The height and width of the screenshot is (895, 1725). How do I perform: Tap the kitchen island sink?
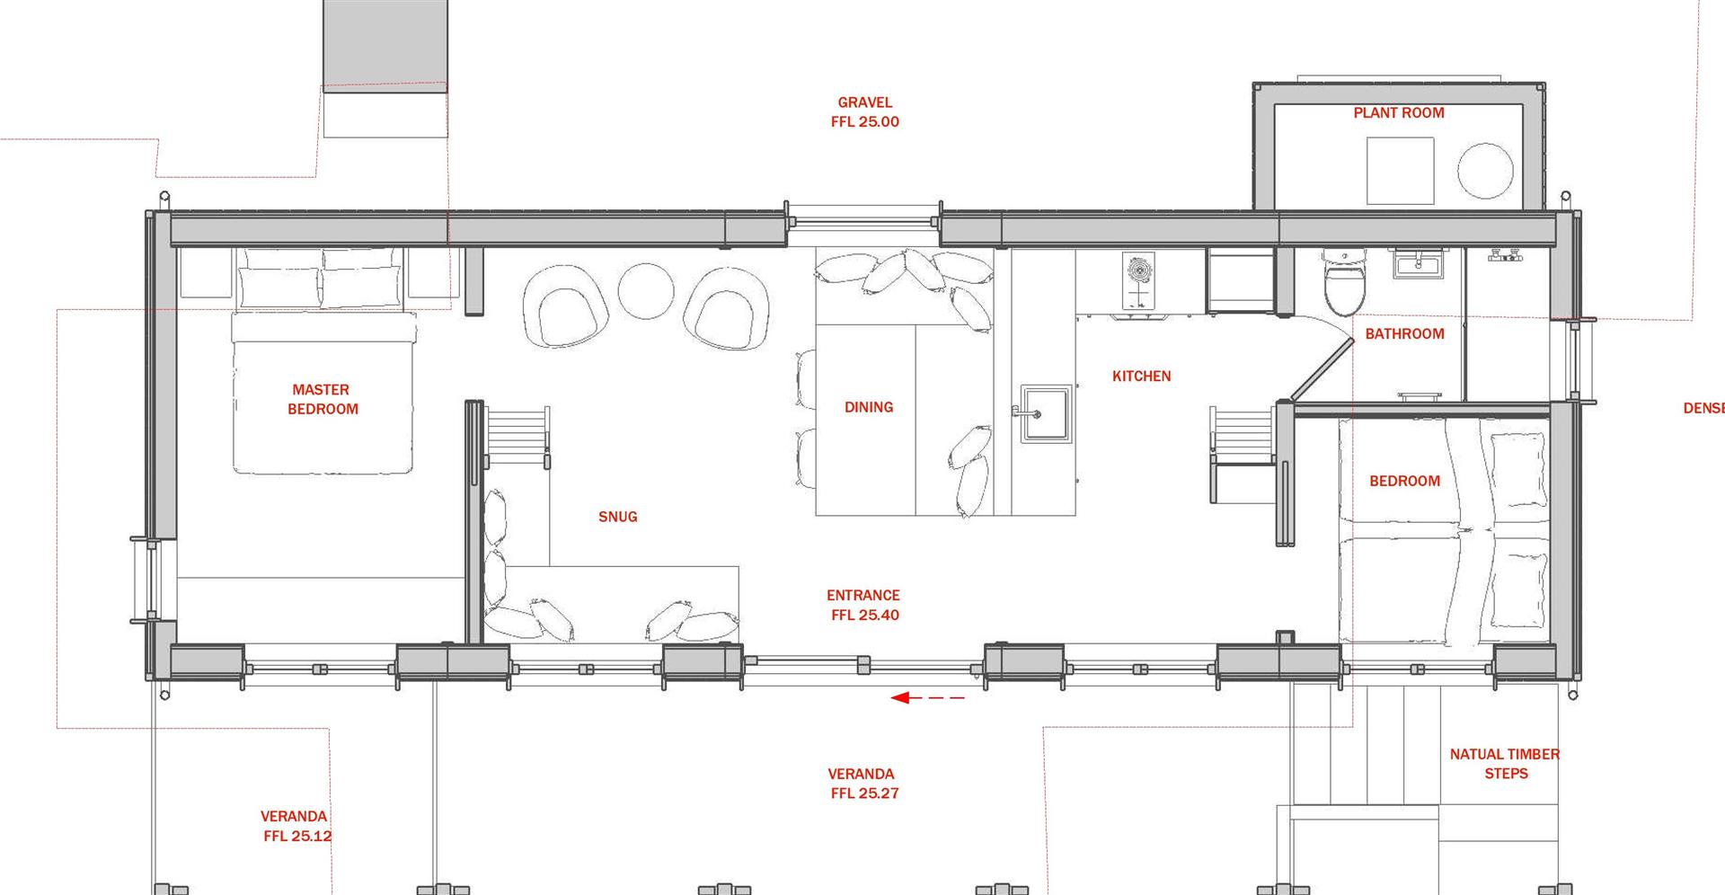point(1046,413)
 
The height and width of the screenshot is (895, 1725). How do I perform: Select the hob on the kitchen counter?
point(1138,281)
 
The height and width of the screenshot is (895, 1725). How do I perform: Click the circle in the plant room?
point(1485,171)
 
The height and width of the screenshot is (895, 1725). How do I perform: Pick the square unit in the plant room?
point(1400,171)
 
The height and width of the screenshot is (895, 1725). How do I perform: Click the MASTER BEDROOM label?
point(322,399)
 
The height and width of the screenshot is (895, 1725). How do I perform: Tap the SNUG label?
point(617,517)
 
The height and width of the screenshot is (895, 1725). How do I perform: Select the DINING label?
point(868,407)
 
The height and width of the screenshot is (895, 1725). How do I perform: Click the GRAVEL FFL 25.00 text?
point(864,112)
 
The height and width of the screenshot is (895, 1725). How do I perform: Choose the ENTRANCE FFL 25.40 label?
point(863,605)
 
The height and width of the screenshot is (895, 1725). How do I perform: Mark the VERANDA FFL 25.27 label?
point(862,784)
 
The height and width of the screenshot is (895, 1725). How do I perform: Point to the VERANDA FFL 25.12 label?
point(296,826)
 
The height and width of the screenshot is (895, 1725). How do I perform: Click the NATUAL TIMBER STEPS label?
point(1504,764)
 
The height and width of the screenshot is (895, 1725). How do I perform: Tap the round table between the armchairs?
point(645,290)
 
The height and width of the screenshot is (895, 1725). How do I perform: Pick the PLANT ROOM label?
point(1399,112)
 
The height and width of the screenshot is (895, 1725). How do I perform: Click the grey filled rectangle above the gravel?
point(385,41)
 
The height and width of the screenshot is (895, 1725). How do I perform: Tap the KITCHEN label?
point(1141,377)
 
